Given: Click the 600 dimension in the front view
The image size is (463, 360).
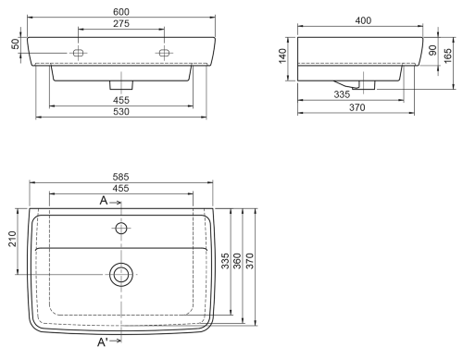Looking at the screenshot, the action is click(121, 12).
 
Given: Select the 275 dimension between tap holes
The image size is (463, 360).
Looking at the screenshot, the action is click(121, 23).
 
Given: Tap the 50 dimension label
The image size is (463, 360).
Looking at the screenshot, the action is click(16, 43).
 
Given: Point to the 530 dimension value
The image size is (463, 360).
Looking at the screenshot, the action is click(121, 111).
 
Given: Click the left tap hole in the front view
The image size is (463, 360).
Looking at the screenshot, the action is click(79, 53).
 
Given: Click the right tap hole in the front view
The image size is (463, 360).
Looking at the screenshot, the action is click(164, 53).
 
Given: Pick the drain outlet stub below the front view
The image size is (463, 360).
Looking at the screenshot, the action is click(121, 85).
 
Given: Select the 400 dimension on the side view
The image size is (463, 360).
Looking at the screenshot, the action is click(363, 20).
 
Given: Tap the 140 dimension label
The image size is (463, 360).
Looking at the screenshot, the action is click(282, 56).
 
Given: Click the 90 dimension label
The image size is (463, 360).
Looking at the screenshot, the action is click(432, 50).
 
